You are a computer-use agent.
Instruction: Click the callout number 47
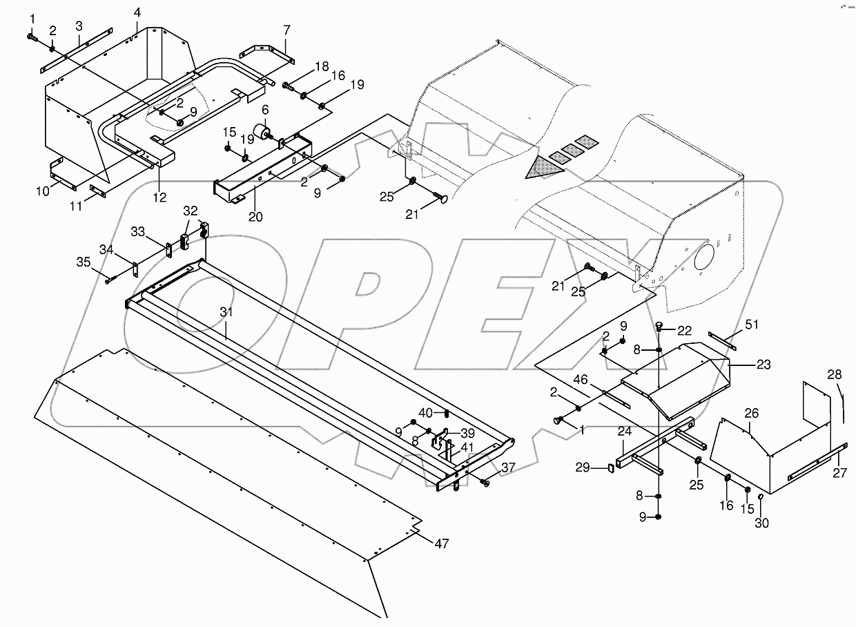pyautogui.click(x=441, y=543)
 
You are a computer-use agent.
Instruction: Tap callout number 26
pyautogui.click(x=751, y=414)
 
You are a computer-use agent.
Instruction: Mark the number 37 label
pyautogui.click(x=508, y=467)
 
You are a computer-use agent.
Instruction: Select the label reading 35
pyautogui.click(x=83, y=262)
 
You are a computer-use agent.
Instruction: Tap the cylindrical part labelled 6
pyautogui.click(x=263, y=133)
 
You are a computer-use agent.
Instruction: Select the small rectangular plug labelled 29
pyautogui.click(x=610, y=468)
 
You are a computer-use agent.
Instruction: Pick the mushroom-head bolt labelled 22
pyautogui.click(x=659, y=326)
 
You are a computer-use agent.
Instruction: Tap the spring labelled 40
pyautogui.click(x=447, y=414)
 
